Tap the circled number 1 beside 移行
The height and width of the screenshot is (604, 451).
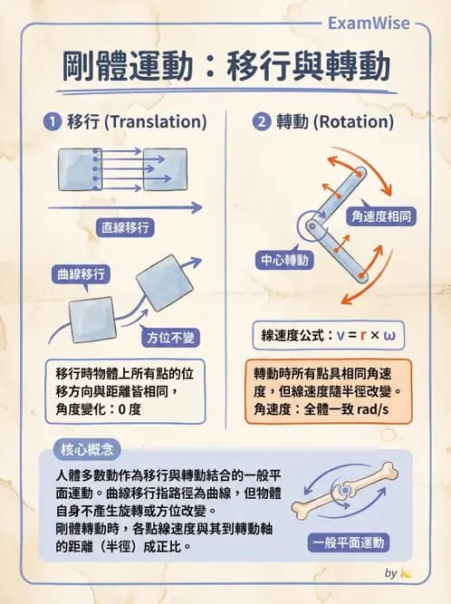point(53,120)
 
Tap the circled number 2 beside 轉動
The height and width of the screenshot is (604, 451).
point(262,120)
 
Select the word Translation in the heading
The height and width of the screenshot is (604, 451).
point(154,120)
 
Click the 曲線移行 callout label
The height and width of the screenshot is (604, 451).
point(82,273)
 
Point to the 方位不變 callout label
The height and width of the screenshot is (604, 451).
point(172,336)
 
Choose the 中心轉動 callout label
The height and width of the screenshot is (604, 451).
point(284,260)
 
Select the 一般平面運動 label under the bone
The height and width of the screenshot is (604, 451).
point(348,543)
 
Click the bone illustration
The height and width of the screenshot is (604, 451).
point(348,494)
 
